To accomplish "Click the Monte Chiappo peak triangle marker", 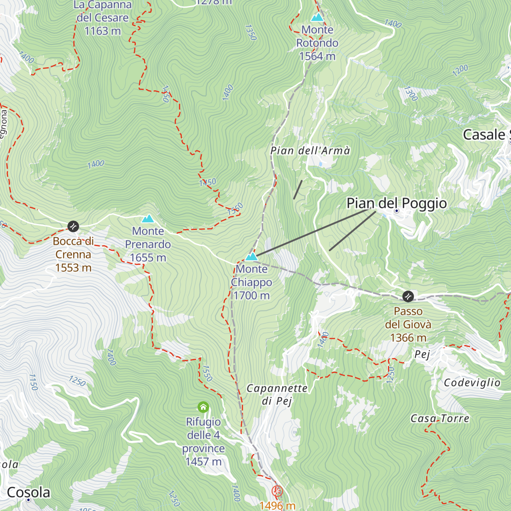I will pyautogui.click(x=251, y=257).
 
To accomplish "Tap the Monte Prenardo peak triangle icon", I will pyautogui.click(x=148, y=219).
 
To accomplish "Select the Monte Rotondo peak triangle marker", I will pyautogui.click(x=317, y=17).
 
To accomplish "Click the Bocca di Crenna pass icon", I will pyautogui.click(x=73, y=226).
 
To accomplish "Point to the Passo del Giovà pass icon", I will pyautogui.click(x=408, y=296).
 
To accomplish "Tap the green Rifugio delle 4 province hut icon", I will pyautogui.click(x=204, y=407).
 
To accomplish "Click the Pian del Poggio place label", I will pyautogui.click(x=396, y=203).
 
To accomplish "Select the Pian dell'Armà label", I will pyautogui.click(x=310, y=151).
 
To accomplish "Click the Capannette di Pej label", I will pyautogui.click(x=277, y=394).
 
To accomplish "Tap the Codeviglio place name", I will pyautogui.click(x=472, y=383).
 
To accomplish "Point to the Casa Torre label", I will pyautogui.click(x=439, y=419).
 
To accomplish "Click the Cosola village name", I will pyautogui.click(x=29, y=492).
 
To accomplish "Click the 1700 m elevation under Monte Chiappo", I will pyautogui.click(x=251, y=296).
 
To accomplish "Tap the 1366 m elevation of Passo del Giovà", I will pyautogui.click(x=408, y=338).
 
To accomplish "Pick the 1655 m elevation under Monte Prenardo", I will pyautogui.click(x=148, y=258).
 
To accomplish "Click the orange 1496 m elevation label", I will pyautogui.click(x=277, y=505).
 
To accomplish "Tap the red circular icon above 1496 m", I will pyautogui.click(x=277, y=491).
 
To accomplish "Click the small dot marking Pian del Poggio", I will pyautogui.click(x=396, y=211).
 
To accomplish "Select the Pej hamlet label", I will pyautogui.click(x=422, y=354).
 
